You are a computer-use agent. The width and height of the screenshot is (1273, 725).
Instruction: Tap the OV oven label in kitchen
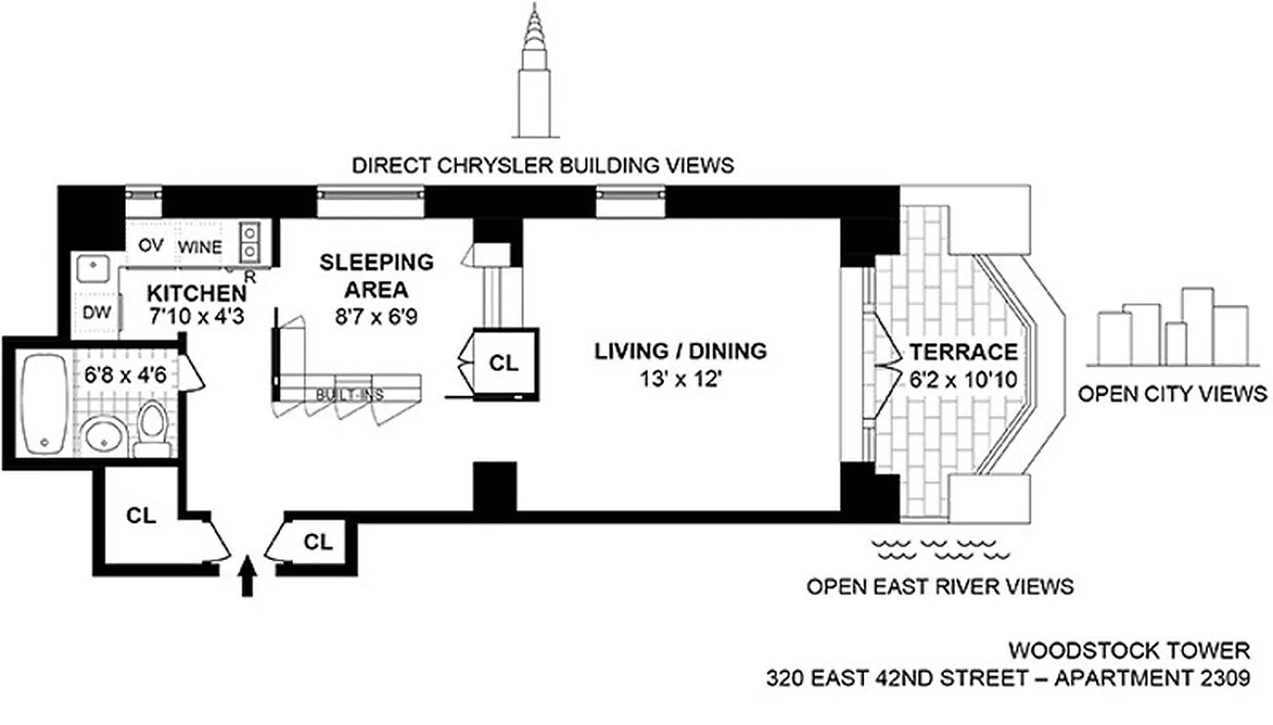[150, 246]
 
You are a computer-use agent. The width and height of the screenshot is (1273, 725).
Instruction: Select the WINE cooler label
[199, 246]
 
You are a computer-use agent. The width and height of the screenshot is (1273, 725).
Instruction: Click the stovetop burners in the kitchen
[249, 240]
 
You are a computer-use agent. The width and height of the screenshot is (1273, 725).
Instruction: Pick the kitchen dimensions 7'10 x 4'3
[197, 317]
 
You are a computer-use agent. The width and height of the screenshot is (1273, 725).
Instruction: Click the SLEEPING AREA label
[376, 276]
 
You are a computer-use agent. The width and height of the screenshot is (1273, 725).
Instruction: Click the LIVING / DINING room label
[680, 350]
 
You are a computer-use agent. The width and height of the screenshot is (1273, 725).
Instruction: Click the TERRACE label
[963, 352]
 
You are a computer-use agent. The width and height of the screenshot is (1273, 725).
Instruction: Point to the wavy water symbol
[940, 546]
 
